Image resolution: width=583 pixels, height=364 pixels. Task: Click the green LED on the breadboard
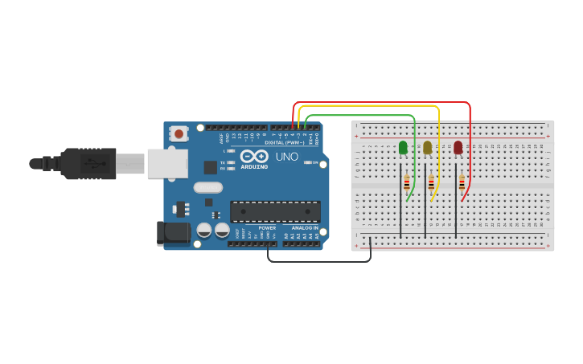403,147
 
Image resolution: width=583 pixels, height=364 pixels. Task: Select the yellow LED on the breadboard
427,147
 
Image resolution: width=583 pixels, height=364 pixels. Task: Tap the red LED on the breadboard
458,147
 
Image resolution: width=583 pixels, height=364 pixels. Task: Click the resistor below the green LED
407,182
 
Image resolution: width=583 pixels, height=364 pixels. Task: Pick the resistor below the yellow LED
431,182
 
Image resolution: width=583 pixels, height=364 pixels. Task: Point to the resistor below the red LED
462,182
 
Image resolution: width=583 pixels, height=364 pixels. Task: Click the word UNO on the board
287,157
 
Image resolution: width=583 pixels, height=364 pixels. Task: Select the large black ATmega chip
275,211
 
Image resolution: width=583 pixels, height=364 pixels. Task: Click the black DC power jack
173,233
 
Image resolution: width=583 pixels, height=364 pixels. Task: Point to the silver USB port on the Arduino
166,163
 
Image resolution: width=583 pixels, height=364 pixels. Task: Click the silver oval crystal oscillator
207,188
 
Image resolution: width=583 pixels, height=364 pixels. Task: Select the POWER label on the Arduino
267,228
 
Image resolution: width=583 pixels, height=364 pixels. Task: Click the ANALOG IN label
305,228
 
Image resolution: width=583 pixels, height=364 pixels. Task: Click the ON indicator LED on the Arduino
306,163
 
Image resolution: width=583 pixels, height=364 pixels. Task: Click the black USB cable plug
88,164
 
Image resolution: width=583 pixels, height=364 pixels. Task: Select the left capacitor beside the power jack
204,231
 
